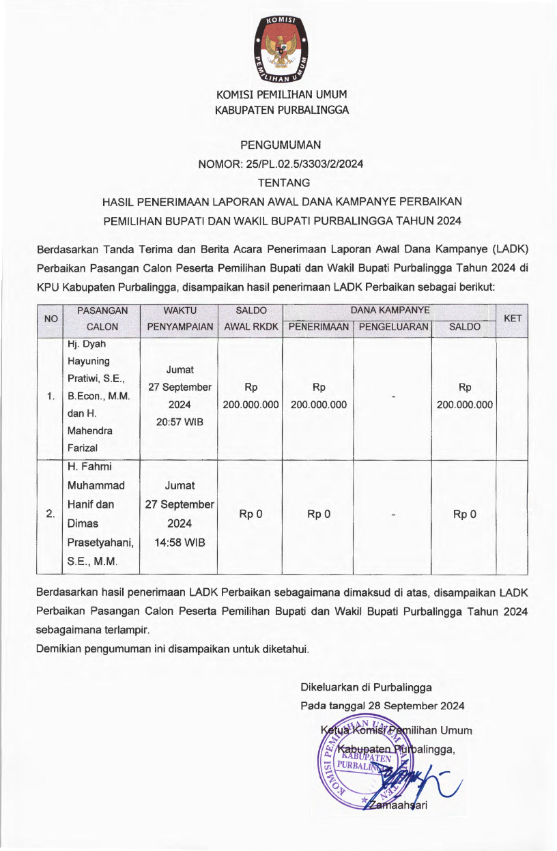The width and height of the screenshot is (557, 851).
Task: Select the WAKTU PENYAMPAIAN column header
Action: coord(180,319)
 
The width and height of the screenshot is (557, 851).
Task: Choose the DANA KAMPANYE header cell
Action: coord(390,311)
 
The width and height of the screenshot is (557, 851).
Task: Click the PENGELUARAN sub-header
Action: coord(393,327)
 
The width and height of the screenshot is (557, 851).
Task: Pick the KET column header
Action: coord(512,319)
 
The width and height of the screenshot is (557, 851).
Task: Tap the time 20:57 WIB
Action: coord(180,422)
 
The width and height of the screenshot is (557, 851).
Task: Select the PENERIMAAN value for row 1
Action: coord(319,396)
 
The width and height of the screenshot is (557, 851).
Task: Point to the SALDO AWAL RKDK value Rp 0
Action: coord(251,514)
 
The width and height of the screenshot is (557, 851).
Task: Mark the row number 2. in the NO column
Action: coord(51,514)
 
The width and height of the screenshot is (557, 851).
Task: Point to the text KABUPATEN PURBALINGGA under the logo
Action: coord(282,109)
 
